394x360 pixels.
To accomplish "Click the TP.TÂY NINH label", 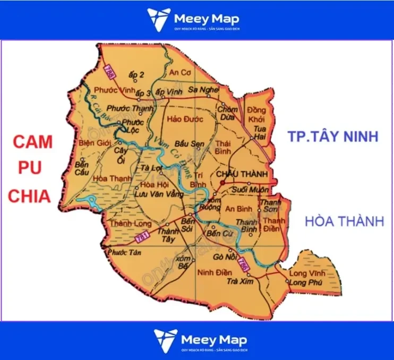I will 333,136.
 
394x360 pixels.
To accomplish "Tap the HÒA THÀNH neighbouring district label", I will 344,221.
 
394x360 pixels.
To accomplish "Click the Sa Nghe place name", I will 203,90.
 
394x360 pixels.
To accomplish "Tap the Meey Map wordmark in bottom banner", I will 213,338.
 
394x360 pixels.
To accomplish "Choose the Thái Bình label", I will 224,147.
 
